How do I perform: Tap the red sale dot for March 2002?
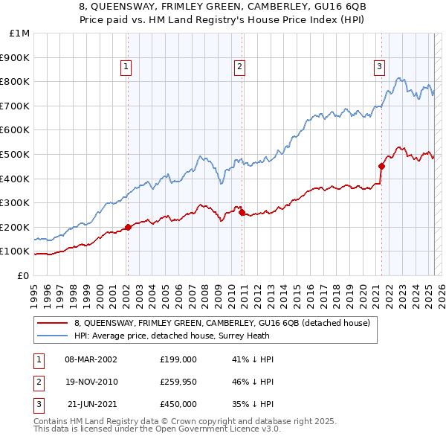pyautogui.click(x=128, y=227)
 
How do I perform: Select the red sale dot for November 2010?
pyautogui.click(x=242, y=212)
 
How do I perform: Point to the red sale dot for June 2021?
pyautogui.click(x=381, y=166)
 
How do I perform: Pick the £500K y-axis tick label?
pyautogui.click(x=16, y=154)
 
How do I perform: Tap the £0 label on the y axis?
pyautogui.click(x=23, y=275)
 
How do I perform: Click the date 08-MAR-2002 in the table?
pyautogui.click(x=91, y=359)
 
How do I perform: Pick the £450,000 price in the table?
pyautogui.click(x=178, y=404)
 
